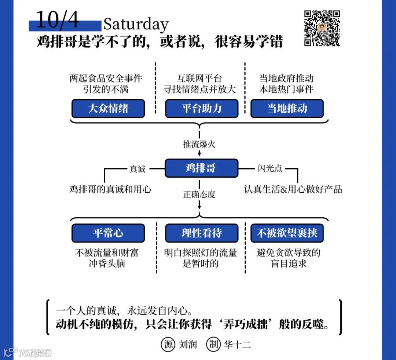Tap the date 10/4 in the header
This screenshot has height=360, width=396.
point(58,20)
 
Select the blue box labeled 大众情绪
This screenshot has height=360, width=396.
point(108,109)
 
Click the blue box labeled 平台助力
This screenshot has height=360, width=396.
point(201,109)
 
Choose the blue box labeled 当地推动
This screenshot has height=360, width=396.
point(287,109)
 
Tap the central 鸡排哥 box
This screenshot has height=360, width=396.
point(201,168)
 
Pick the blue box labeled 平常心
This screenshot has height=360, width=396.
point(108,233)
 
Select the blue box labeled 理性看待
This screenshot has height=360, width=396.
point(201,233)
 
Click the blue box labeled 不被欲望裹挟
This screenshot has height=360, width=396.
point(287,233)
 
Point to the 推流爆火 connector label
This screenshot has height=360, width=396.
point(199,144)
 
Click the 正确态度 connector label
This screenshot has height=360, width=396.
point(199,194)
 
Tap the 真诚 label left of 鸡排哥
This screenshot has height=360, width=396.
point(137,169)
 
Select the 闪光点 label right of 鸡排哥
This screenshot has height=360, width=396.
point(270,168)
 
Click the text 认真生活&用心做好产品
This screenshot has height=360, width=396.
point(293,189)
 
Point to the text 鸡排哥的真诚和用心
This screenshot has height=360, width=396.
point(110,189)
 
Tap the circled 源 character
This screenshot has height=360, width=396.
point(168,344)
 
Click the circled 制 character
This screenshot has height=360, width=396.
point(213,344)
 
